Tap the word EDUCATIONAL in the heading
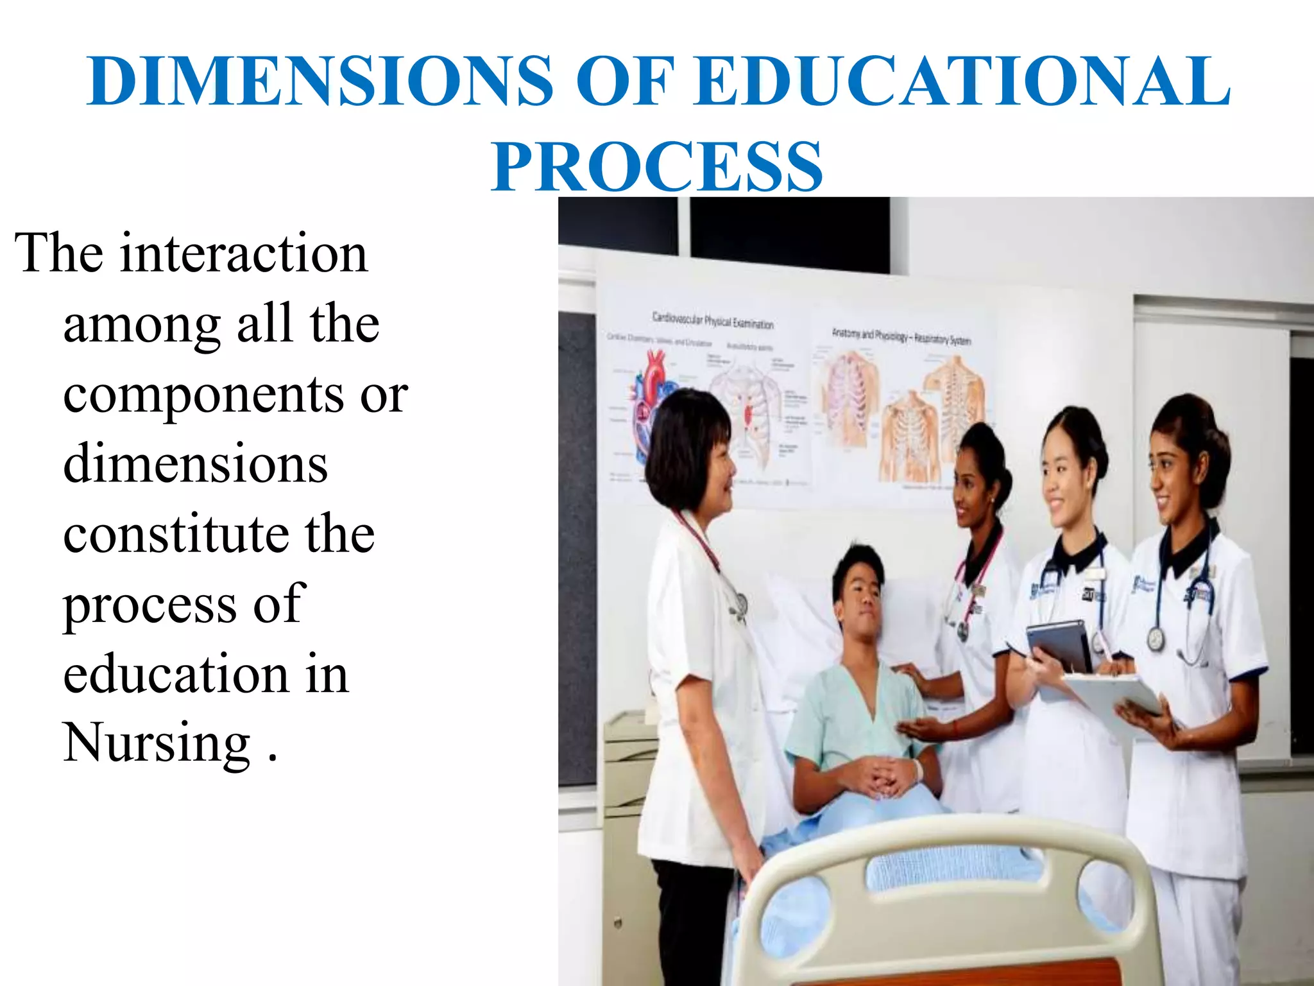tap(962, 82)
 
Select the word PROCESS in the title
tap(657, 167)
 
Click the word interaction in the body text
tap(244, 254)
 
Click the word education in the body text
tap(176, 674)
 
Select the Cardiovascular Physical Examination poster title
tap(712, 319)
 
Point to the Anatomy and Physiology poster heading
tap(901, 336)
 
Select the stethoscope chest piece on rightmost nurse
tap(1156, 639)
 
